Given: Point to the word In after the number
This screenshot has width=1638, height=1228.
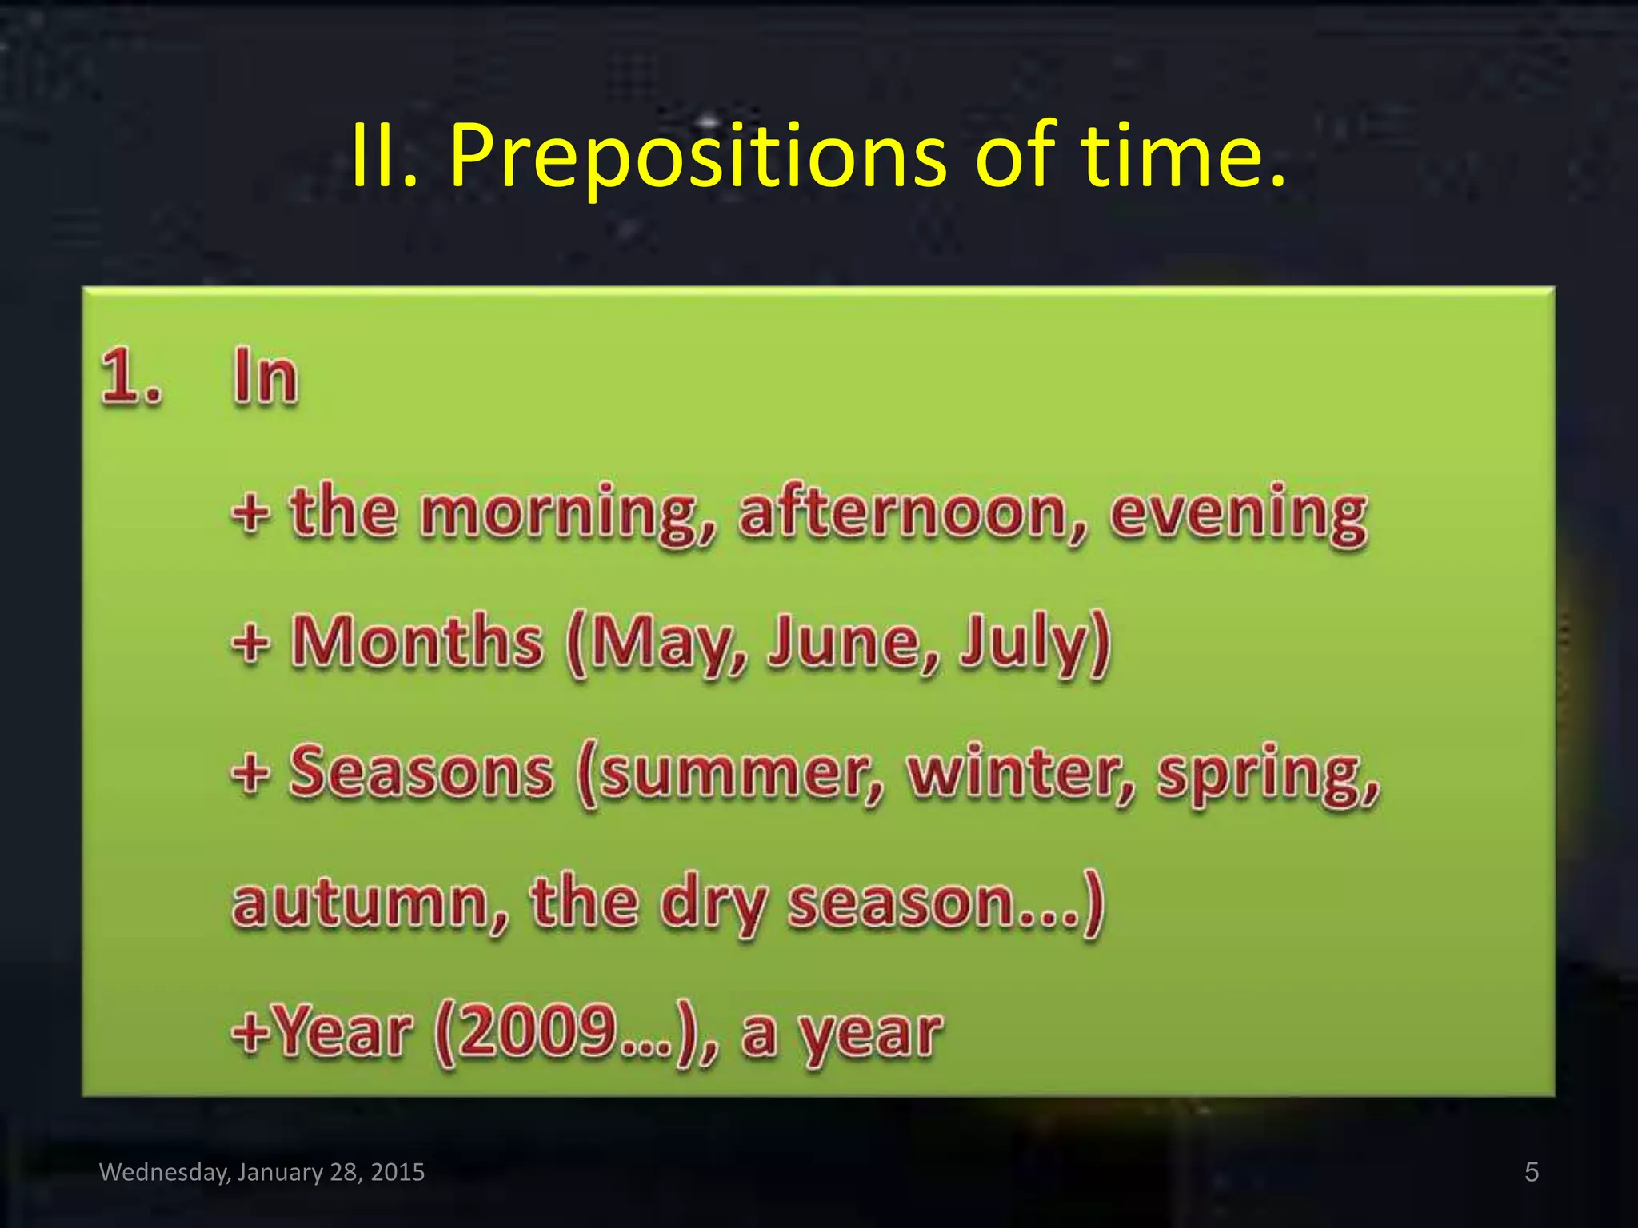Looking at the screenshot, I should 265,377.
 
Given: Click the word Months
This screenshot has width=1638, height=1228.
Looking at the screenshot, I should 417,641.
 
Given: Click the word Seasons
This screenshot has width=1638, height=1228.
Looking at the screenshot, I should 421,772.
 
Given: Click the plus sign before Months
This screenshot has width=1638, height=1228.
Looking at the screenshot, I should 250,643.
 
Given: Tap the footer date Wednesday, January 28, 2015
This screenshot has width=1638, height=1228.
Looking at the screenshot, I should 262,1172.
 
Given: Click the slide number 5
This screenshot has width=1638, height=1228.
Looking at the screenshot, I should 1531,1172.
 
